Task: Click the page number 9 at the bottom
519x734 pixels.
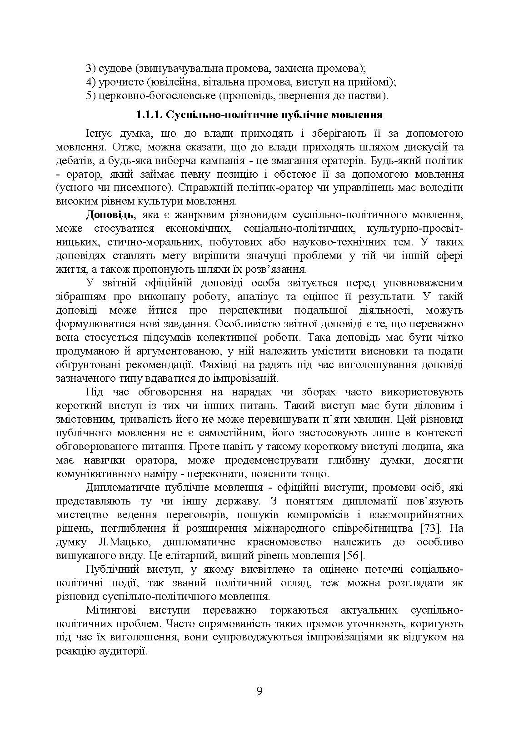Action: tap(259, 691)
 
